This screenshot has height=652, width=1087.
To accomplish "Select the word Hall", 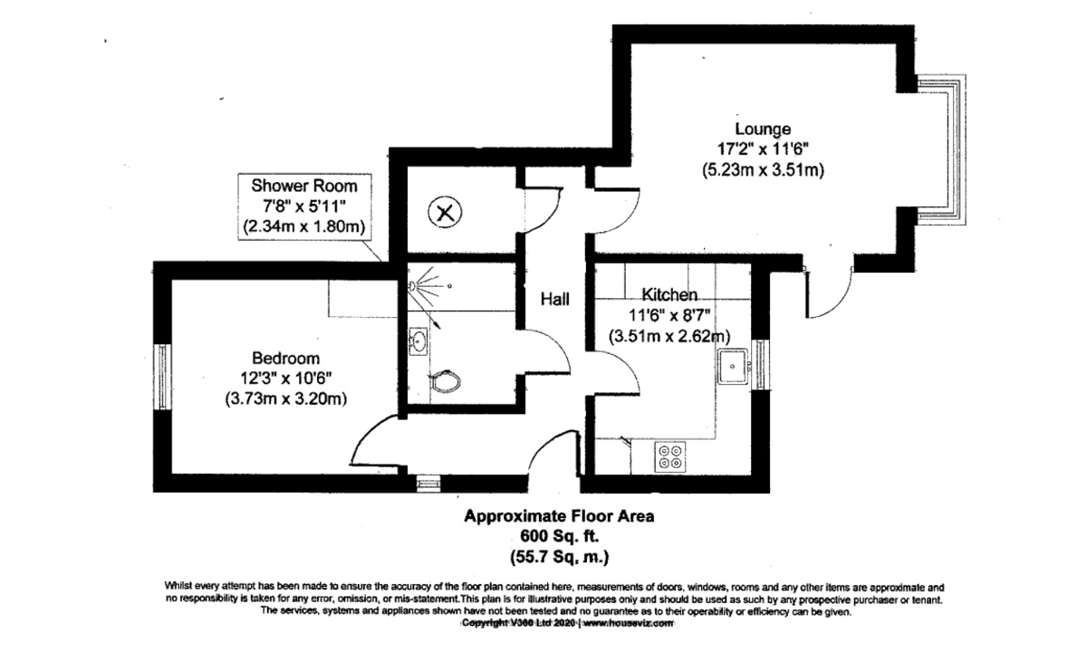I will pyautogui.click(x=555, y=298).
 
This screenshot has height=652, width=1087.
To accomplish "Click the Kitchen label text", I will pyautogui.click(x=669, y=295).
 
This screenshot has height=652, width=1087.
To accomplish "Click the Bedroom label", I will pyautogui.click(x=286, y=359).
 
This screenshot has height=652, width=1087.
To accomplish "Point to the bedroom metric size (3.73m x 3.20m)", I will pyautogui.click(x=286, y=398).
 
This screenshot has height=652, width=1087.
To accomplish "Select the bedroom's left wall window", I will pyautogui.click(x=161, y=376).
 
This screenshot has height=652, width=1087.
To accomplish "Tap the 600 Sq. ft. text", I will pyautogui.click(x=558, y=536).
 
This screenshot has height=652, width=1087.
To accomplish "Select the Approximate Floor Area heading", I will pyautogui.click(x=558, y=517).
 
